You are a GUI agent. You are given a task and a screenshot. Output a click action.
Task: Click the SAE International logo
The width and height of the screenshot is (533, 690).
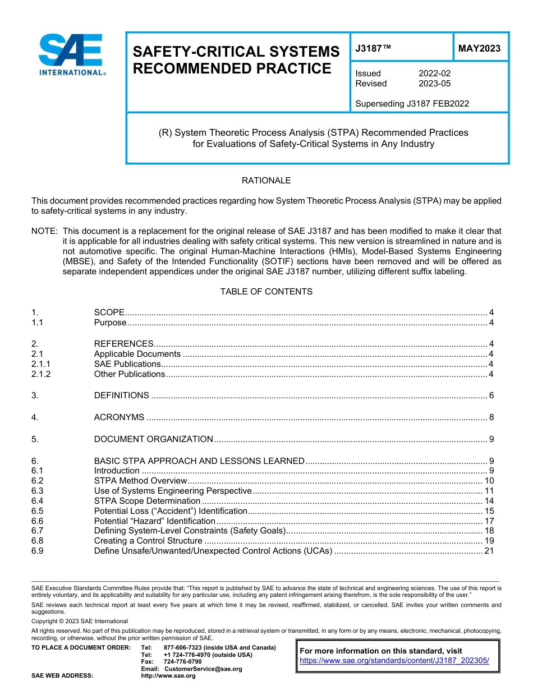pos(72,54)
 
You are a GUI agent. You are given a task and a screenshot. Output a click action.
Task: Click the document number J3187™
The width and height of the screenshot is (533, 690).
pos(373,49)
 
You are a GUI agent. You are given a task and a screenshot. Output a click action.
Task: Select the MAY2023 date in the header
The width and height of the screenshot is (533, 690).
pos(479,49)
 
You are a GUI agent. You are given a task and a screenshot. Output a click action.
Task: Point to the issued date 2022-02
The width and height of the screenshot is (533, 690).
pos(434,73)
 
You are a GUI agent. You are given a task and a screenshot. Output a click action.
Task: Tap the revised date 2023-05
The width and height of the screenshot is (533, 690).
pos(434,84)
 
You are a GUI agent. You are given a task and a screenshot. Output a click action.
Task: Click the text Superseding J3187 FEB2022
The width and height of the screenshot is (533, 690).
pos(412,103)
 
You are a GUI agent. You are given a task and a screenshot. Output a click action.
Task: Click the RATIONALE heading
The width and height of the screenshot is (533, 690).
pos(266,181)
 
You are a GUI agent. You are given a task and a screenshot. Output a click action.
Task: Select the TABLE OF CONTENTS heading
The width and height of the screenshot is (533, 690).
pos(266,292)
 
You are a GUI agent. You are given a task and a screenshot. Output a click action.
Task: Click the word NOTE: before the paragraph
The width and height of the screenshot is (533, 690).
pos(45,231)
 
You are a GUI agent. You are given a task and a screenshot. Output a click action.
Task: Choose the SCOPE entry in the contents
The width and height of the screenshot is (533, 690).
pos(109,312)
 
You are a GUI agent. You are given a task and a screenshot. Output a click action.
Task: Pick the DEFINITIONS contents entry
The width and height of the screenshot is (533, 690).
pos(121,395)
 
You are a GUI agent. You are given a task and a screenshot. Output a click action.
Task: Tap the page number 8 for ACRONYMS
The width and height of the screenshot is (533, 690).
pos(491,417)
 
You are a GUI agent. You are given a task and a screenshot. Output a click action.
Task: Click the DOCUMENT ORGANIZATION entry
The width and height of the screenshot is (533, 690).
pos(153,439)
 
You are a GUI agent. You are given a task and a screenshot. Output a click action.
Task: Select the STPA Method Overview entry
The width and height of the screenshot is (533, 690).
pos(140,481)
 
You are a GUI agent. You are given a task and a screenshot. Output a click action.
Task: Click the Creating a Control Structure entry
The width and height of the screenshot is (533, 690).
pos(148,541)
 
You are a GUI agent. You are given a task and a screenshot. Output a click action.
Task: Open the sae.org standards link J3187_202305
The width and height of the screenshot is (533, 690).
pos(394,661)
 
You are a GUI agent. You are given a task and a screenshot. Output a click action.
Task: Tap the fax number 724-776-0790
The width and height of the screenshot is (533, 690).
pos(182,662)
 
